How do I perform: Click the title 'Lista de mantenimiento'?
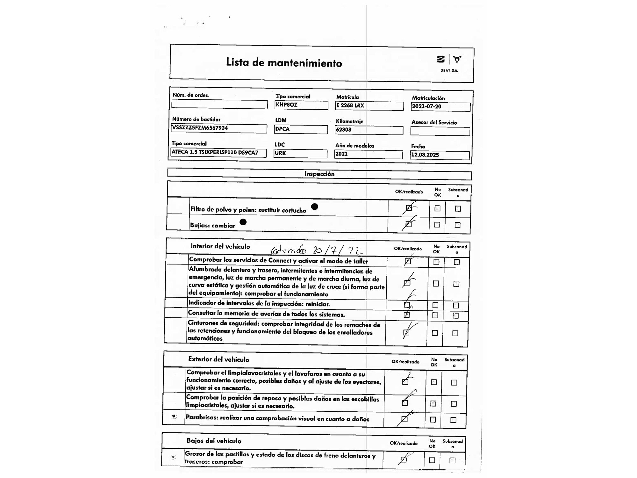tap(284, 62)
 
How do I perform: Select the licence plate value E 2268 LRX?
tap(350, 105)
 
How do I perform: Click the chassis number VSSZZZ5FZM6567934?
tap(200, 128)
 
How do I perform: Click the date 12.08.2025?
tap(425, 155)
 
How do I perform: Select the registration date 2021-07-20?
tap(426, 106)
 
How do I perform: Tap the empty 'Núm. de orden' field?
tap(219, 104)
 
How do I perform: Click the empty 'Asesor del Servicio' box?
tap(440, 131)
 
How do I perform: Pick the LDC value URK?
tap(280, 153)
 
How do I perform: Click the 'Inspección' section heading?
tap(319, 174)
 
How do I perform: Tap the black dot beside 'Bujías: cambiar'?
tap(243, 222)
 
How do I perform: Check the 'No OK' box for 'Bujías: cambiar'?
tap(437, 225)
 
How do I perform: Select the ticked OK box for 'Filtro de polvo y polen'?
tap(409, 208)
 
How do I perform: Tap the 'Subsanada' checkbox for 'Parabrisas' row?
tap(453, 420)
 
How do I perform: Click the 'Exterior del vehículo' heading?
tap(218, 359)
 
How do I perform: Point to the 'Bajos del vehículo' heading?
tap(214, 441)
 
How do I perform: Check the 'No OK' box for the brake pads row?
tap(432, 460)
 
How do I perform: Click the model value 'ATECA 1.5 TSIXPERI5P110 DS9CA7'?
tap(215, 152)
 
